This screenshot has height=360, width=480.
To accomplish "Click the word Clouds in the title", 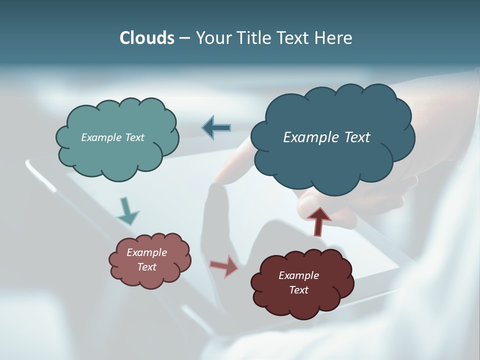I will pyautogui.click(x=146, y=38).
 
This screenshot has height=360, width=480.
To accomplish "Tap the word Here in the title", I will pyautogui.click(x=333, y=38).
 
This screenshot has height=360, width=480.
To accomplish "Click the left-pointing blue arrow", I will pyautogui.click(x=216, y=128).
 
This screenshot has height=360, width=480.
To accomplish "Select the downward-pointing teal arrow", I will pyautogui.click(x=127, y=211).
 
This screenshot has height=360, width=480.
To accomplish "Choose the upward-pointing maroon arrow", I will pyautogui.click(x=318, y=221).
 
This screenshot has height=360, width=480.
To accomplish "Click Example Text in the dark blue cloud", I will pyautogui.click(x=326, y=137).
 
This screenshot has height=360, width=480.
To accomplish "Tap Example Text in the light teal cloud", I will pyautogui.click(x=112, y=137).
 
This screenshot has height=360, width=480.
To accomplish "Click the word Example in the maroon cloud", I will pyautogui.click(x=298, y=275).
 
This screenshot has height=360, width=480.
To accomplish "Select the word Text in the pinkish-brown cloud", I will pyautogui.click(x=146, y=267).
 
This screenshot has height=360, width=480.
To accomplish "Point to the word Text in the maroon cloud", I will pyautogui.click(x=298, y=290).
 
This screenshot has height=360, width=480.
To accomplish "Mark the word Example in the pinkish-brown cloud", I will pyautogui.click(x=146, y=252).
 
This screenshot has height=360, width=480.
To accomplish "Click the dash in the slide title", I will pyautogui.click(x=184, y=38).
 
